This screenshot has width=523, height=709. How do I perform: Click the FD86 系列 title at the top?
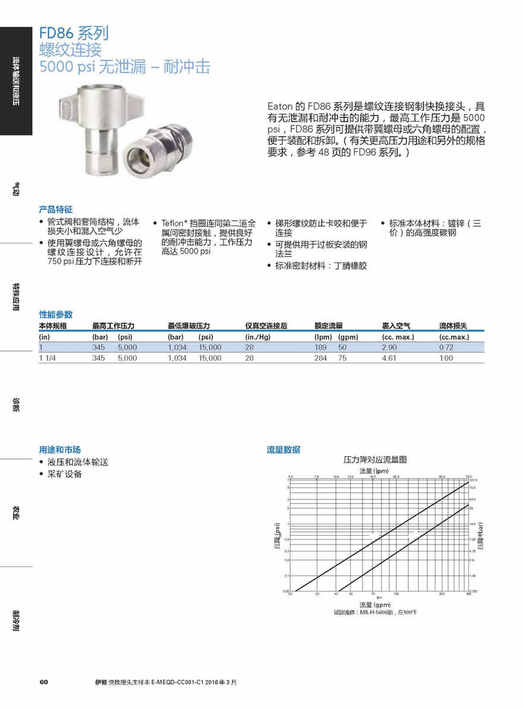point(74,33)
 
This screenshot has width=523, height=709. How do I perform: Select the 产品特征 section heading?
point(56,210)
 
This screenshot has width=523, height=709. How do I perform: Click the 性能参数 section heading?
point(56,314)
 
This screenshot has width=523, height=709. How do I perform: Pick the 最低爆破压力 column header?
point(189,326)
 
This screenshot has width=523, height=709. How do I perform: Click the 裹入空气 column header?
point(396,326)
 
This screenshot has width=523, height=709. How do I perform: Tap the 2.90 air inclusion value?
point(390,347)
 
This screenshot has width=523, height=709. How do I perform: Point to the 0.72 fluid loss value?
point(446,347)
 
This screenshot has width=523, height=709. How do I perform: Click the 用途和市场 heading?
point(60,450)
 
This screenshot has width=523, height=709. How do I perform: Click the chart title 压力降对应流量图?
point(375,460)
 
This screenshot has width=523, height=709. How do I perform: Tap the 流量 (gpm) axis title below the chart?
point(374,604)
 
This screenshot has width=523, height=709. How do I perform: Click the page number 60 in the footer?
point(43,682)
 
